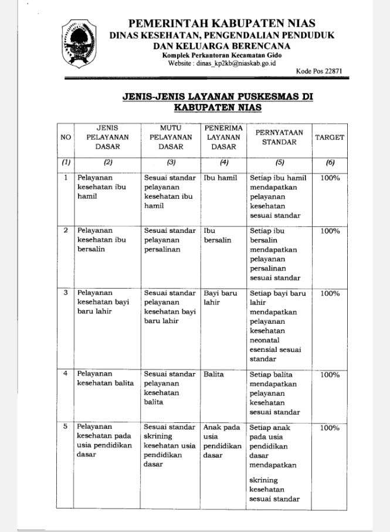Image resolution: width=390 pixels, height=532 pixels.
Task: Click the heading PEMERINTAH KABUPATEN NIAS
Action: click(222, 23)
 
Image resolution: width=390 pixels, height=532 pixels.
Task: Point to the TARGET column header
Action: click(330, 137)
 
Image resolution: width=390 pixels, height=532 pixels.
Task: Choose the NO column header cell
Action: click(65, 137)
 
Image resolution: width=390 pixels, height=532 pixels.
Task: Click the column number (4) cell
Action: click(223, 162)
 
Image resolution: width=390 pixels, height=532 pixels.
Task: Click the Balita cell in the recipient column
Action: click(213, 374)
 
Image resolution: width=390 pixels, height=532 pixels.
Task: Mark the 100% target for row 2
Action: click(330, 231)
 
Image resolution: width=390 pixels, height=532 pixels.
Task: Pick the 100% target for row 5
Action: click(330, 428)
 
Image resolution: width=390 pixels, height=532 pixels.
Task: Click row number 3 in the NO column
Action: click(66, 293)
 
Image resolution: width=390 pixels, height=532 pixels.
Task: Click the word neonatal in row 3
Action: click(264, 340)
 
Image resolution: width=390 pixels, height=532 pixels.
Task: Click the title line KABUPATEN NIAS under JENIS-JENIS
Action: click(218, 108)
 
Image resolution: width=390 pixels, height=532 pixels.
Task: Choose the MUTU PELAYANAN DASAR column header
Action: click(170, 137)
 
